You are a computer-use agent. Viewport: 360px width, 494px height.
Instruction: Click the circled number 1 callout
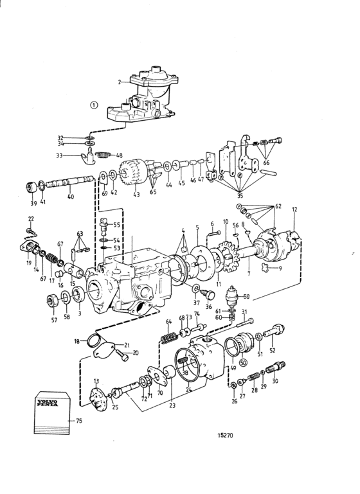(94, 105)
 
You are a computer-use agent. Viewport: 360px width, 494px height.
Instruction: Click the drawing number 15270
(226, 436)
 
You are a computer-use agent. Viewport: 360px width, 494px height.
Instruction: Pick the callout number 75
(79, 421)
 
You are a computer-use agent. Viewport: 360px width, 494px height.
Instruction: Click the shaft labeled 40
(70, 182)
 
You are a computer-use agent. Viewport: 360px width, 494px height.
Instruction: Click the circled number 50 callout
(243, 363)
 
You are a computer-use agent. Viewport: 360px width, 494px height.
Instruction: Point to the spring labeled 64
(168, 337)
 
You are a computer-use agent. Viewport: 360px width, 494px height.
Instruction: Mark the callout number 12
(294, 209)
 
